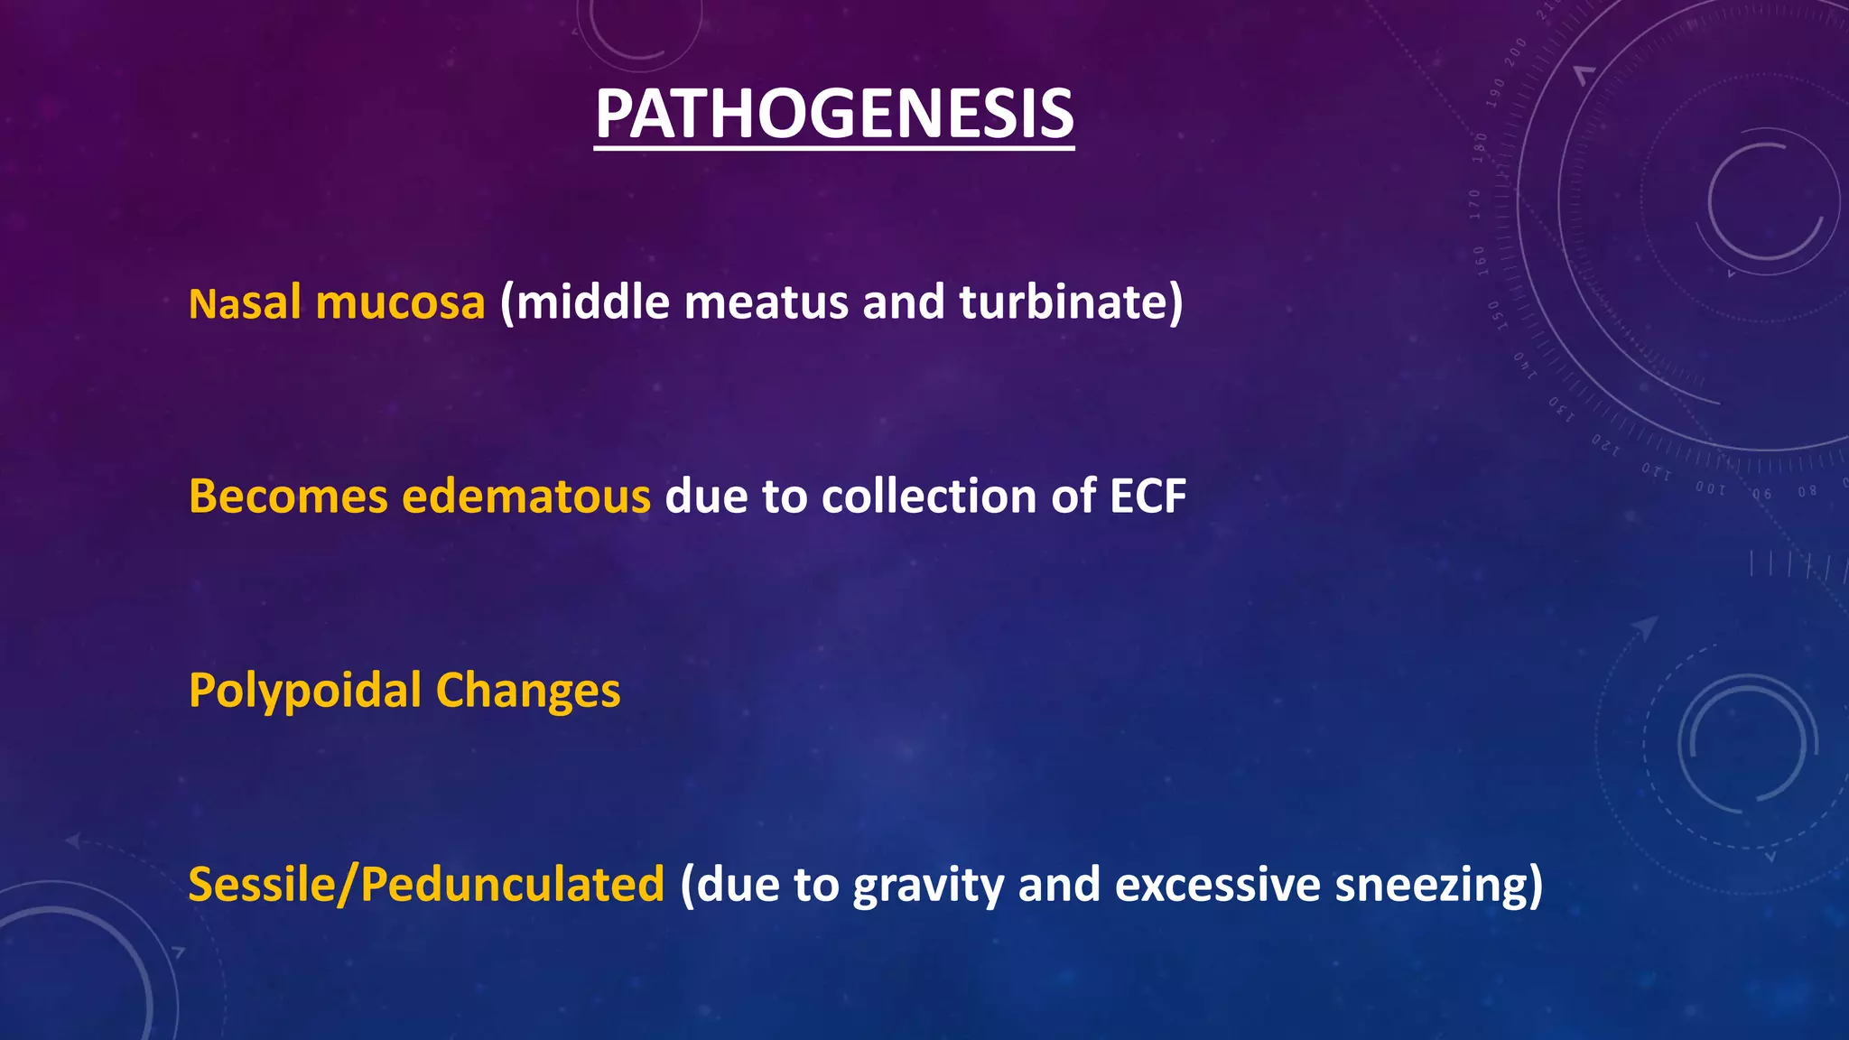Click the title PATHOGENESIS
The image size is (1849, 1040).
pyautogui.click(x=834, y=115)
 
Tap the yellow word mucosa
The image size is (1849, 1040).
pyautogui.click(x=400, y=302)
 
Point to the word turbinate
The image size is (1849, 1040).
pyautogui.click(x=1064, y=302)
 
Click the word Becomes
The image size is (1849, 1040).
pyautogui.click(x=288, y=497)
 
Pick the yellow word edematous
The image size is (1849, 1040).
pyautogui.click(x=525, y=497)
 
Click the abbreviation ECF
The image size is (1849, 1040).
pyautogui.click(x=1147, y=497)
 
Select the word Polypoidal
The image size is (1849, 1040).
pyautogui.click(x=305, y=692)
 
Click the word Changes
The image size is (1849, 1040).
pyautogui.click(x=528, y=692)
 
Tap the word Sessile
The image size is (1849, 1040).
pyautogui.click(x=260, y=885)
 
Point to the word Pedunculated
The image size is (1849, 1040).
pyautogui.click(x=512, y=885)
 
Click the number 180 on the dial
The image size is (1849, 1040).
pyautogui.click(x=1479, y=146)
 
